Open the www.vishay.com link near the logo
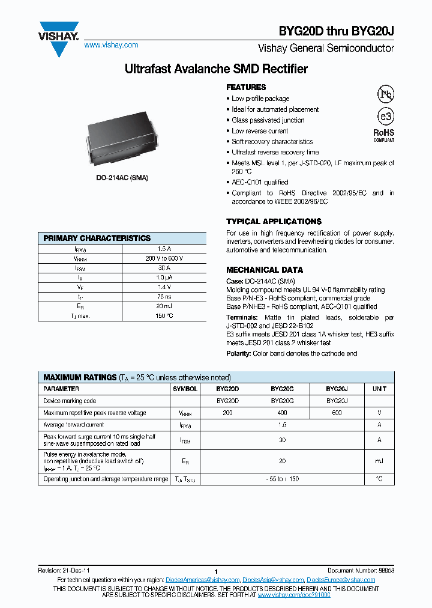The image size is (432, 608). pyautogui.click(x=111, y=45)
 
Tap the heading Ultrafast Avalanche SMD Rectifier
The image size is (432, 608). pyautogui.click(x=216, y=69)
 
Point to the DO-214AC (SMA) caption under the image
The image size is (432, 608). pyautogui.click(x=122, y=178)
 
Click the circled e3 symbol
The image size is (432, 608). pyautogui.click(x=385, y=117)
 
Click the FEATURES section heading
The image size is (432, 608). pyautogui.click(x=246, y=87)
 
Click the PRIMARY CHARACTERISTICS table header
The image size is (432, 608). pyautogui.click(x=97, y=238)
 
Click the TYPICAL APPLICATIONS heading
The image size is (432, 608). pyautogui.click(x=274, y=221)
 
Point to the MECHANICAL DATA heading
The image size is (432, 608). pyautogui.click(x=265, y=270)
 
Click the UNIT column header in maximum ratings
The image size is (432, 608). pyautogui.click(x=379, y=389)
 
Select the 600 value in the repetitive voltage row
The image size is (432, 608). pyautogui.click(x=337, y=413)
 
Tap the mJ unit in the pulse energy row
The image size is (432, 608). pyautogui.click(x=379, y=461)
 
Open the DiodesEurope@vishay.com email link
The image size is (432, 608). pyautogui.click(x=341, y=580)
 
